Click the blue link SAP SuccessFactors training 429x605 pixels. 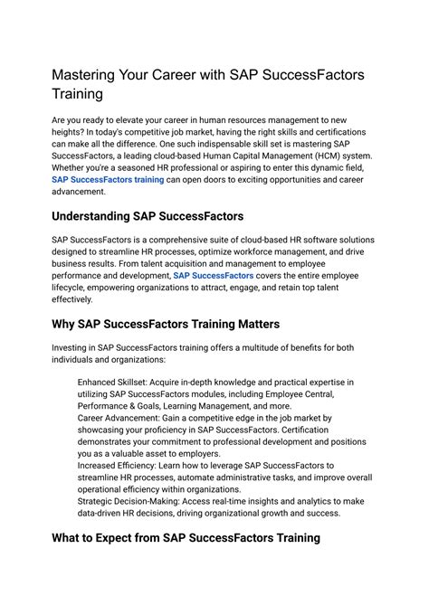108,179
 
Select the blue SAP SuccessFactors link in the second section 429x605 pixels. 214,274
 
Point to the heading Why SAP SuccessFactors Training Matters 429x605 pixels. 166,324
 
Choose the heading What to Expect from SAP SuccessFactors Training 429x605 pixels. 186,538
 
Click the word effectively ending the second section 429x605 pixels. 72,298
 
